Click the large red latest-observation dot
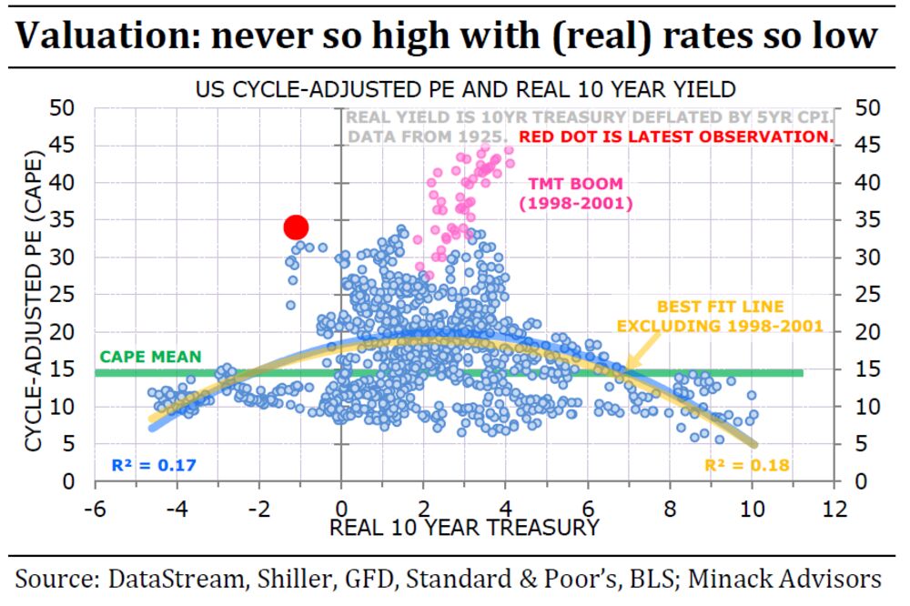[x=296, y=227]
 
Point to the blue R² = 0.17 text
[x=153, y=466]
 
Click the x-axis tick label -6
[x=94, y=510]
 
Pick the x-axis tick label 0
[x=340, y=510]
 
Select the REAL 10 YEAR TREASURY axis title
[x=464, y=528]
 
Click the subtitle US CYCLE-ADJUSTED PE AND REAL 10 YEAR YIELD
[x=465, y=90]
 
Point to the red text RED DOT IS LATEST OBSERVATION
[x=676, y=137]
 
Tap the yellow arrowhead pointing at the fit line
[x=628, y=367]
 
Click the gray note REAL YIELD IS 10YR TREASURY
[x=461, y=116]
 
